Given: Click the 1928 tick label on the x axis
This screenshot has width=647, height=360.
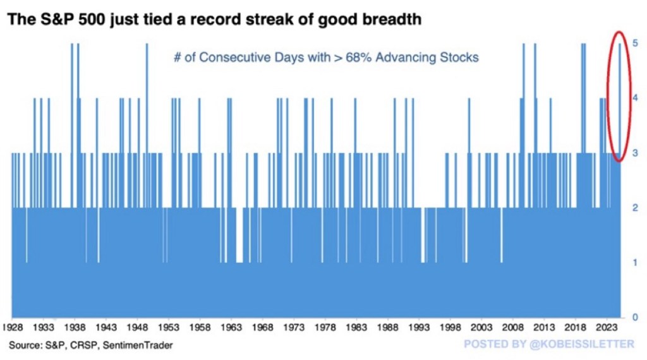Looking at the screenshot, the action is [12, 327].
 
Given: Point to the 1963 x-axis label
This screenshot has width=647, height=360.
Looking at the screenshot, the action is [231, 327].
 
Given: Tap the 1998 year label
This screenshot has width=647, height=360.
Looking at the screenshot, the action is [450, 327].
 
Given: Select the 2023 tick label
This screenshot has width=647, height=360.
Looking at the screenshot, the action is [607, 327].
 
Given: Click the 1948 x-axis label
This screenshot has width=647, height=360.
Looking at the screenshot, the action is [137, 327].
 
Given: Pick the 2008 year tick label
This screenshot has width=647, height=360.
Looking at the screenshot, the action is [513, 327].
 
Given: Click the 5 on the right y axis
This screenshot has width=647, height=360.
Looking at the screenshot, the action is [635, 43].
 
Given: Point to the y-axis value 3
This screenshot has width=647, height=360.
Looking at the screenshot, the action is [635, 153].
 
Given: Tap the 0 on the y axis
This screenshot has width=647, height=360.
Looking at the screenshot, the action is [635, 317].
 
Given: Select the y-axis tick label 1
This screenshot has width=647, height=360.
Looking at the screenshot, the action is [635, 262].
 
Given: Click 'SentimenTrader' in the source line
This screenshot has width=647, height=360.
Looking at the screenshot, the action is [137, 345].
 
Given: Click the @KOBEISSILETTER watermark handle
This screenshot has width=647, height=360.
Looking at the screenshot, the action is [582, 344].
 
